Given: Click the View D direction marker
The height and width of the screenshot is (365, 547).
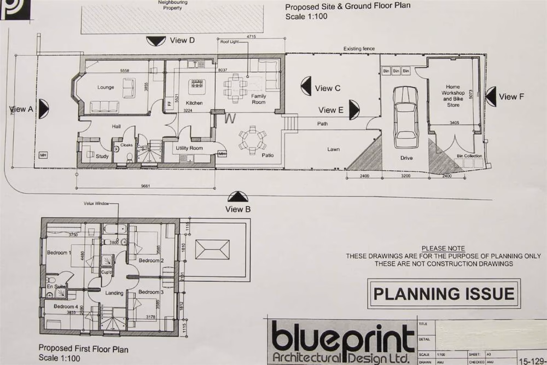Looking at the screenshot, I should click(156, 40).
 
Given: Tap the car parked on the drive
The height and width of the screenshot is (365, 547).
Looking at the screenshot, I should click(405, 113).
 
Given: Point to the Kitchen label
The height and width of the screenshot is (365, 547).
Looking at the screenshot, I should click(194, 103).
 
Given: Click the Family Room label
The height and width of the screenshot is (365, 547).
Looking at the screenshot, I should click(258, 99).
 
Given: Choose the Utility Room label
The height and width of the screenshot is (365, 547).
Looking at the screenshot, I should click(189, 148).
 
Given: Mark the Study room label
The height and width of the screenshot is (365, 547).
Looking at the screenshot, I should click(102, 157).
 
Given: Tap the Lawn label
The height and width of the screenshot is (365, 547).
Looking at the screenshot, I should click(334, 149).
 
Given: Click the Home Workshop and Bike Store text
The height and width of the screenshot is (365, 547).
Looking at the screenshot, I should click(453, 96).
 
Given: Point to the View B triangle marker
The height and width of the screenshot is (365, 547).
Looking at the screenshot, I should click(237, 197).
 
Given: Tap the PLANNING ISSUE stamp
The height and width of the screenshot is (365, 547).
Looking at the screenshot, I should click(444, 293).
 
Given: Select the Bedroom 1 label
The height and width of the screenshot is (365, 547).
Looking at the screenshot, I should click(59, 253).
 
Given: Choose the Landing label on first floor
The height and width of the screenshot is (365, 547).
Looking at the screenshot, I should click(114, 293).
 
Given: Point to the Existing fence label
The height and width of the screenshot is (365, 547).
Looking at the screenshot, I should click(359, 49).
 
